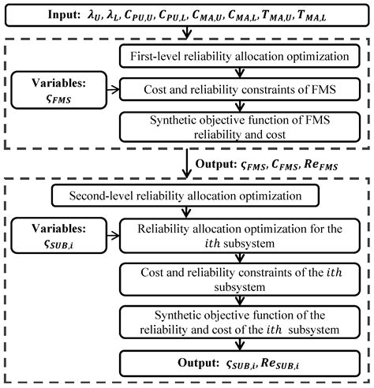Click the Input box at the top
click(x=186, y=13)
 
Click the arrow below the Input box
click(x=186, y=32)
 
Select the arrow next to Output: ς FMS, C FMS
click(x=186, y=166)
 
